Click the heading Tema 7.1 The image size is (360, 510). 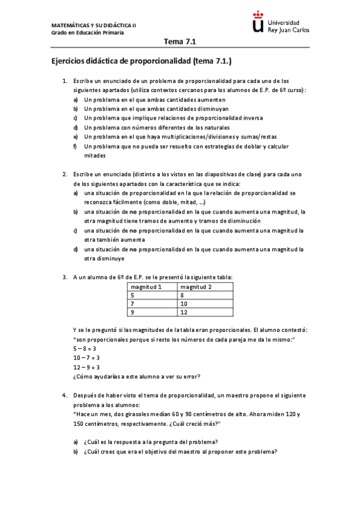180,41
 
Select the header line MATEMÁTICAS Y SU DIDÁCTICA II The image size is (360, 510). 93,25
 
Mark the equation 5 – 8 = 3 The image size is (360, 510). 86,349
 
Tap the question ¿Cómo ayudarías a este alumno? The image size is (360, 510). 136,376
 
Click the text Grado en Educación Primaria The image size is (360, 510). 88,32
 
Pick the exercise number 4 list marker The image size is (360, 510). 64,396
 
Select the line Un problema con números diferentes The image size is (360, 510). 157,127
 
